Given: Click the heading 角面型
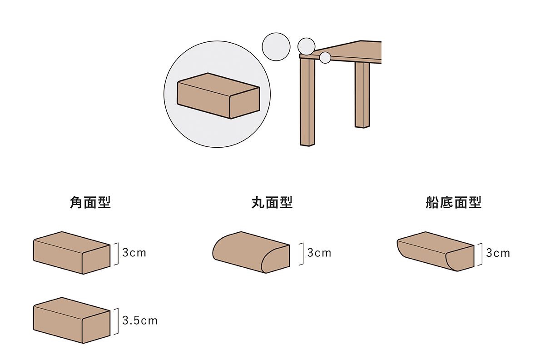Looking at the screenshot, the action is [90, 202].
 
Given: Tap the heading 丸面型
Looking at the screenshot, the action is [272, 202].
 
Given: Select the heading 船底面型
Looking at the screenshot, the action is [454, 202].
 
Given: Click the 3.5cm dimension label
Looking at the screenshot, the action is [140, 320].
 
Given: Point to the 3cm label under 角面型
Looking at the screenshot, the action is [134, 253].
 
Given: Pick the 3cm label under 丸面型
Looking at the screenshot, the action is [319, 253].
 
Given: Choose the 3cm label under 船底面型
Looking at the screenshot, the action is [498, 253].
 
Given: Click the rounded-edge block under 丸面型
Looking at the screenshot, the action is [251, 252].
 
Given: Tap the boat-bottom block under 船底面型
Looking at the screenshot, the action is [436, 251].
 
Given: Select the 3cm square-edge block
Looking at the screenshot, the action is [72, 253].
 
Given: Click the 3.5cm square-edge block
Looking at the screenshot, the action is [72, 320].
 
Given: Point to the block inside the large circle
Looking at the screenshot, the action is [218, 96].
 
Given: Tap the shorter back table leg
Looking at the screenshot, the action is [362, 95].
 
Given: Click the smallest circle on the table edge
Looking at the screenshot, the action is [325, 58].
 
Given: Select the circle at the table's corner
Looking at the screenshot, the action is [306, 46].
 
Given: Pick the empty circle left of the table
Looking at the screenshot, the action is [276, 47].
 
